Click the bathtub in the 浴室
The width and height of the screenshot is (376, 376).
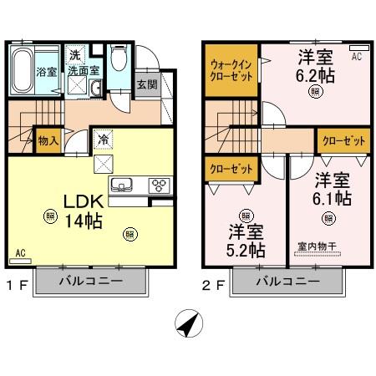point(22,70)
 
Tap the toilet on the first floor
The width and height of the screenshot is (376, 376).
point(119,57)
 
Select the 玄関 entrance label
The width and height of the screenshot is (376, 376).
point(147,84)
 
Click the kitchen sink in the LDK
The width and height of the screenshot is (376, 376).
point(121,184)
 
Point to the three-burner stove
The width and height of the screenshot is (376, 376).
point(160,185)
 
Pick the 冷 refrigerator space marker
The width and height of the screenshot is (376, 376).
point(104,140)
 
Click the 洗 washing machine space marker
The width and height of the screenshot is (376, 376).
point(75,55)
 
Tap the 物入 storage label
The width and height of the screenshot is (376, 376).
point(48,140)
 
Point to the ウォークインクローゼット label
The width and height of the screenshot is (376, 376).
point(231,70)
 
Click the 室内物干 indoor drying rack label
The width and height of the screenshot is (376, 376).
point(317,246)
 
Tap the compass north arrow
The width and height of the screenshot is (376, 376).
point(189,324)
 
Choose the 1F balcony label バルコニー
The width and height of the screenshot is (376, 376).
point(91,281)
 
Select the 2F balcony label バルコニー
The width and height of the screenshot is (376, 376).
point(287,282)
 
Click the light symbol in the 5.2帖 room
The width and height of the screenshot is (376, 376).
point(246,216)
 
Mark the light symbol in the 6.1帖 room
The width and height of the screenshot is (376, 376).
point(328,218)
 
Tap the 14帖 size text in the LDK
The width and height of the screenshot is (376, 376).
point(84,221)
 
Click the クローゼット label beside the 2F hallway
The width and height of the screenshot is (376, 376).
point(343,141)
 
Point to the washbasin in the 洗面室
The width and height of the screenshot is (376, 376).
point(96,88)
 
